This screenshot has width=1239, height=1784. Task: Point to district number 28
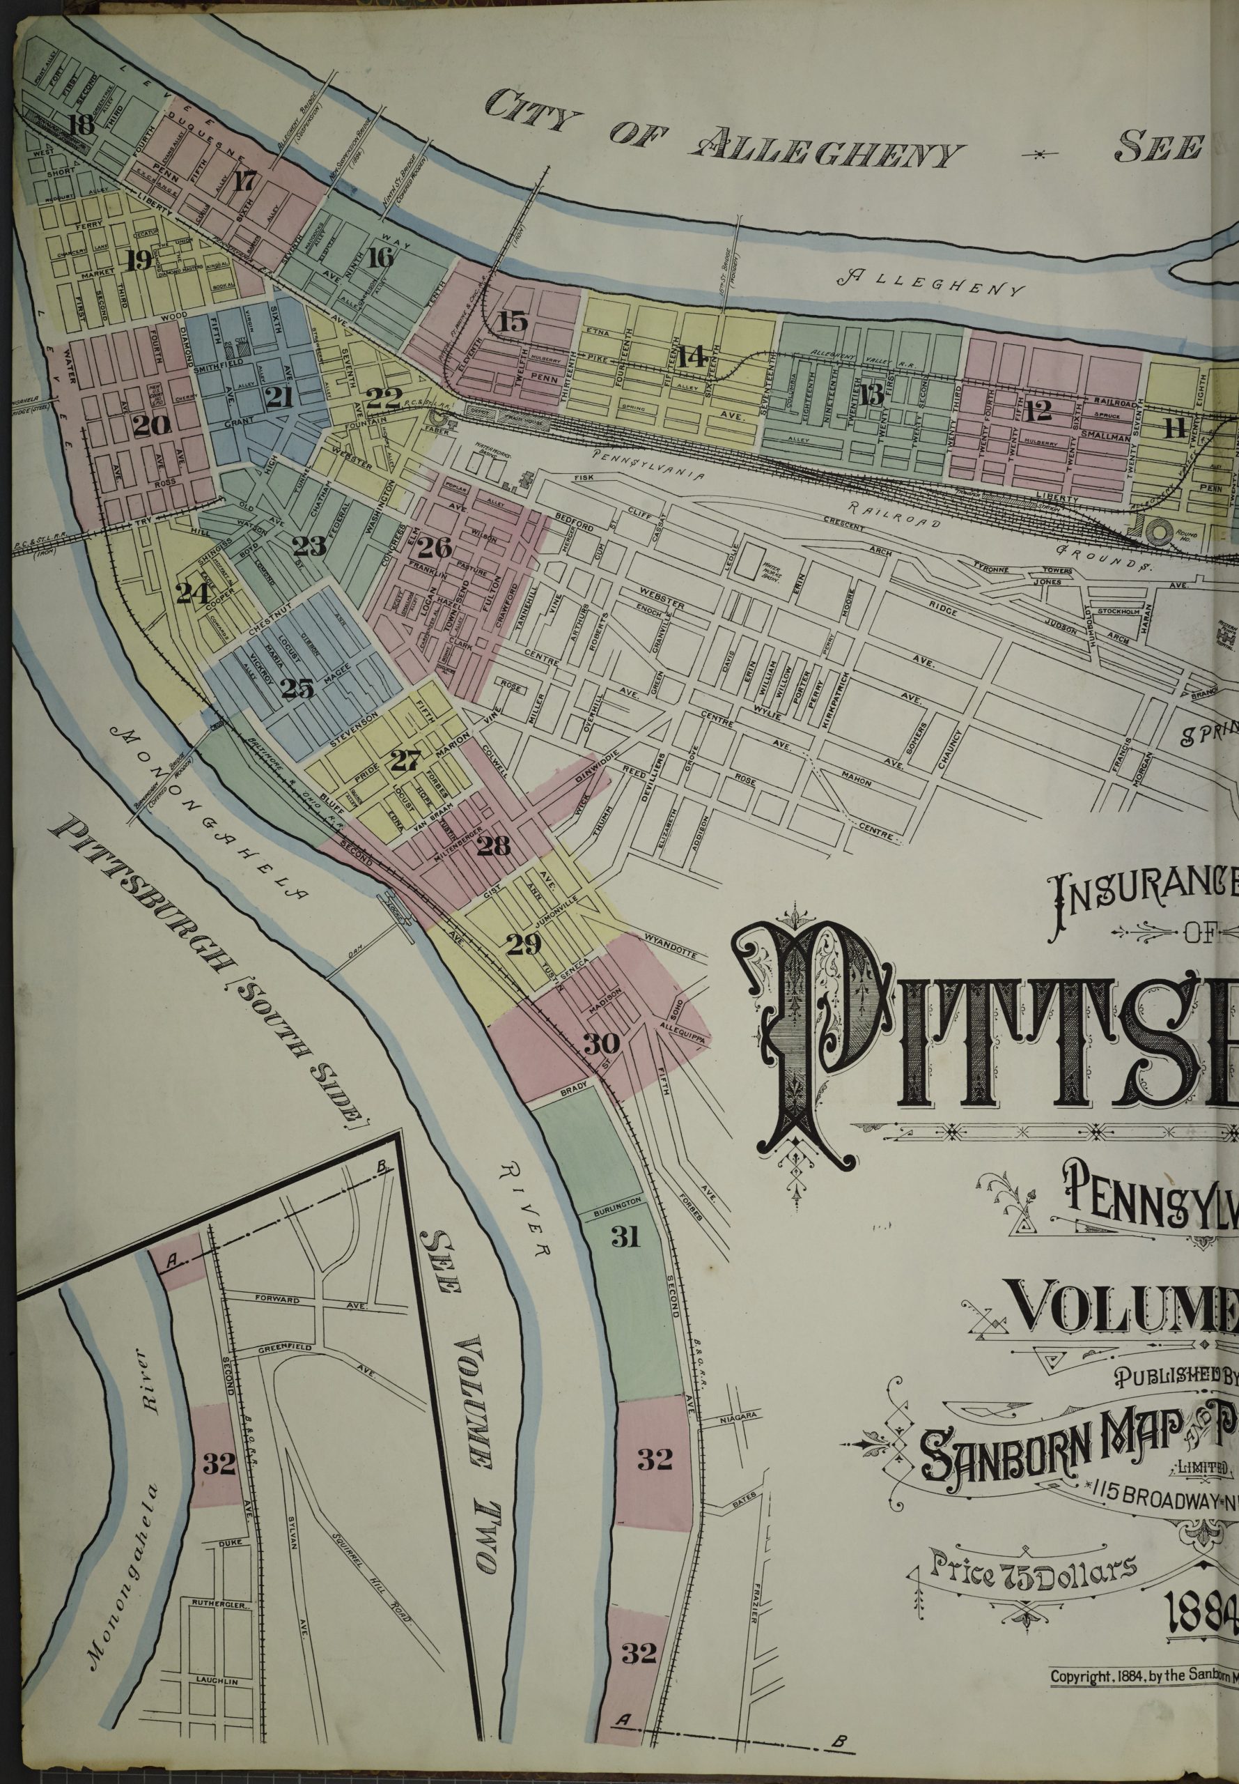494,845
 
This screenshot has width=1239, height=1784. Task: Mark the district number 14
690,357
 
